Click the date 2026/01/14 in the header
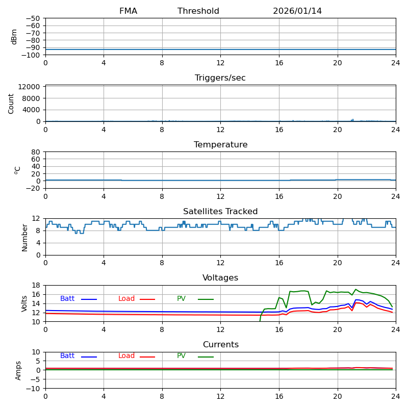click(297, 11)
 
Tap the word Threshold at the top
click(198, 11)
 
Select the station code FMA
click(128, 11)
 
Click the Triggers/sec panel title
click(220, 78)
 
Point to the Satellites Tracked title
click(220, 212)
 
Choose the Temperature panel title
click(220, 145)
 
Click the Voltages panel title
click(220, 278)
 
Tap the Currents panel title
click(220, 345)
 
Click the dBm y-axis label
click(14, 37)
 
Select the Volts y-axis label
click(24, 303)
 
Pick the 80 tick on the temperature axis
click(36, 152)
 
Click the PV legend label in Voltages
click(182, 299)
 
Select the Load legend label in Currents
click(126, 356)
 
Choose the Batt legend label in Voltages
click(67, 299)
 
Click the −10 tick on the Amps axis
click(32, 389)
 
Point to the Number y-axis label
click(24, 237)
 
